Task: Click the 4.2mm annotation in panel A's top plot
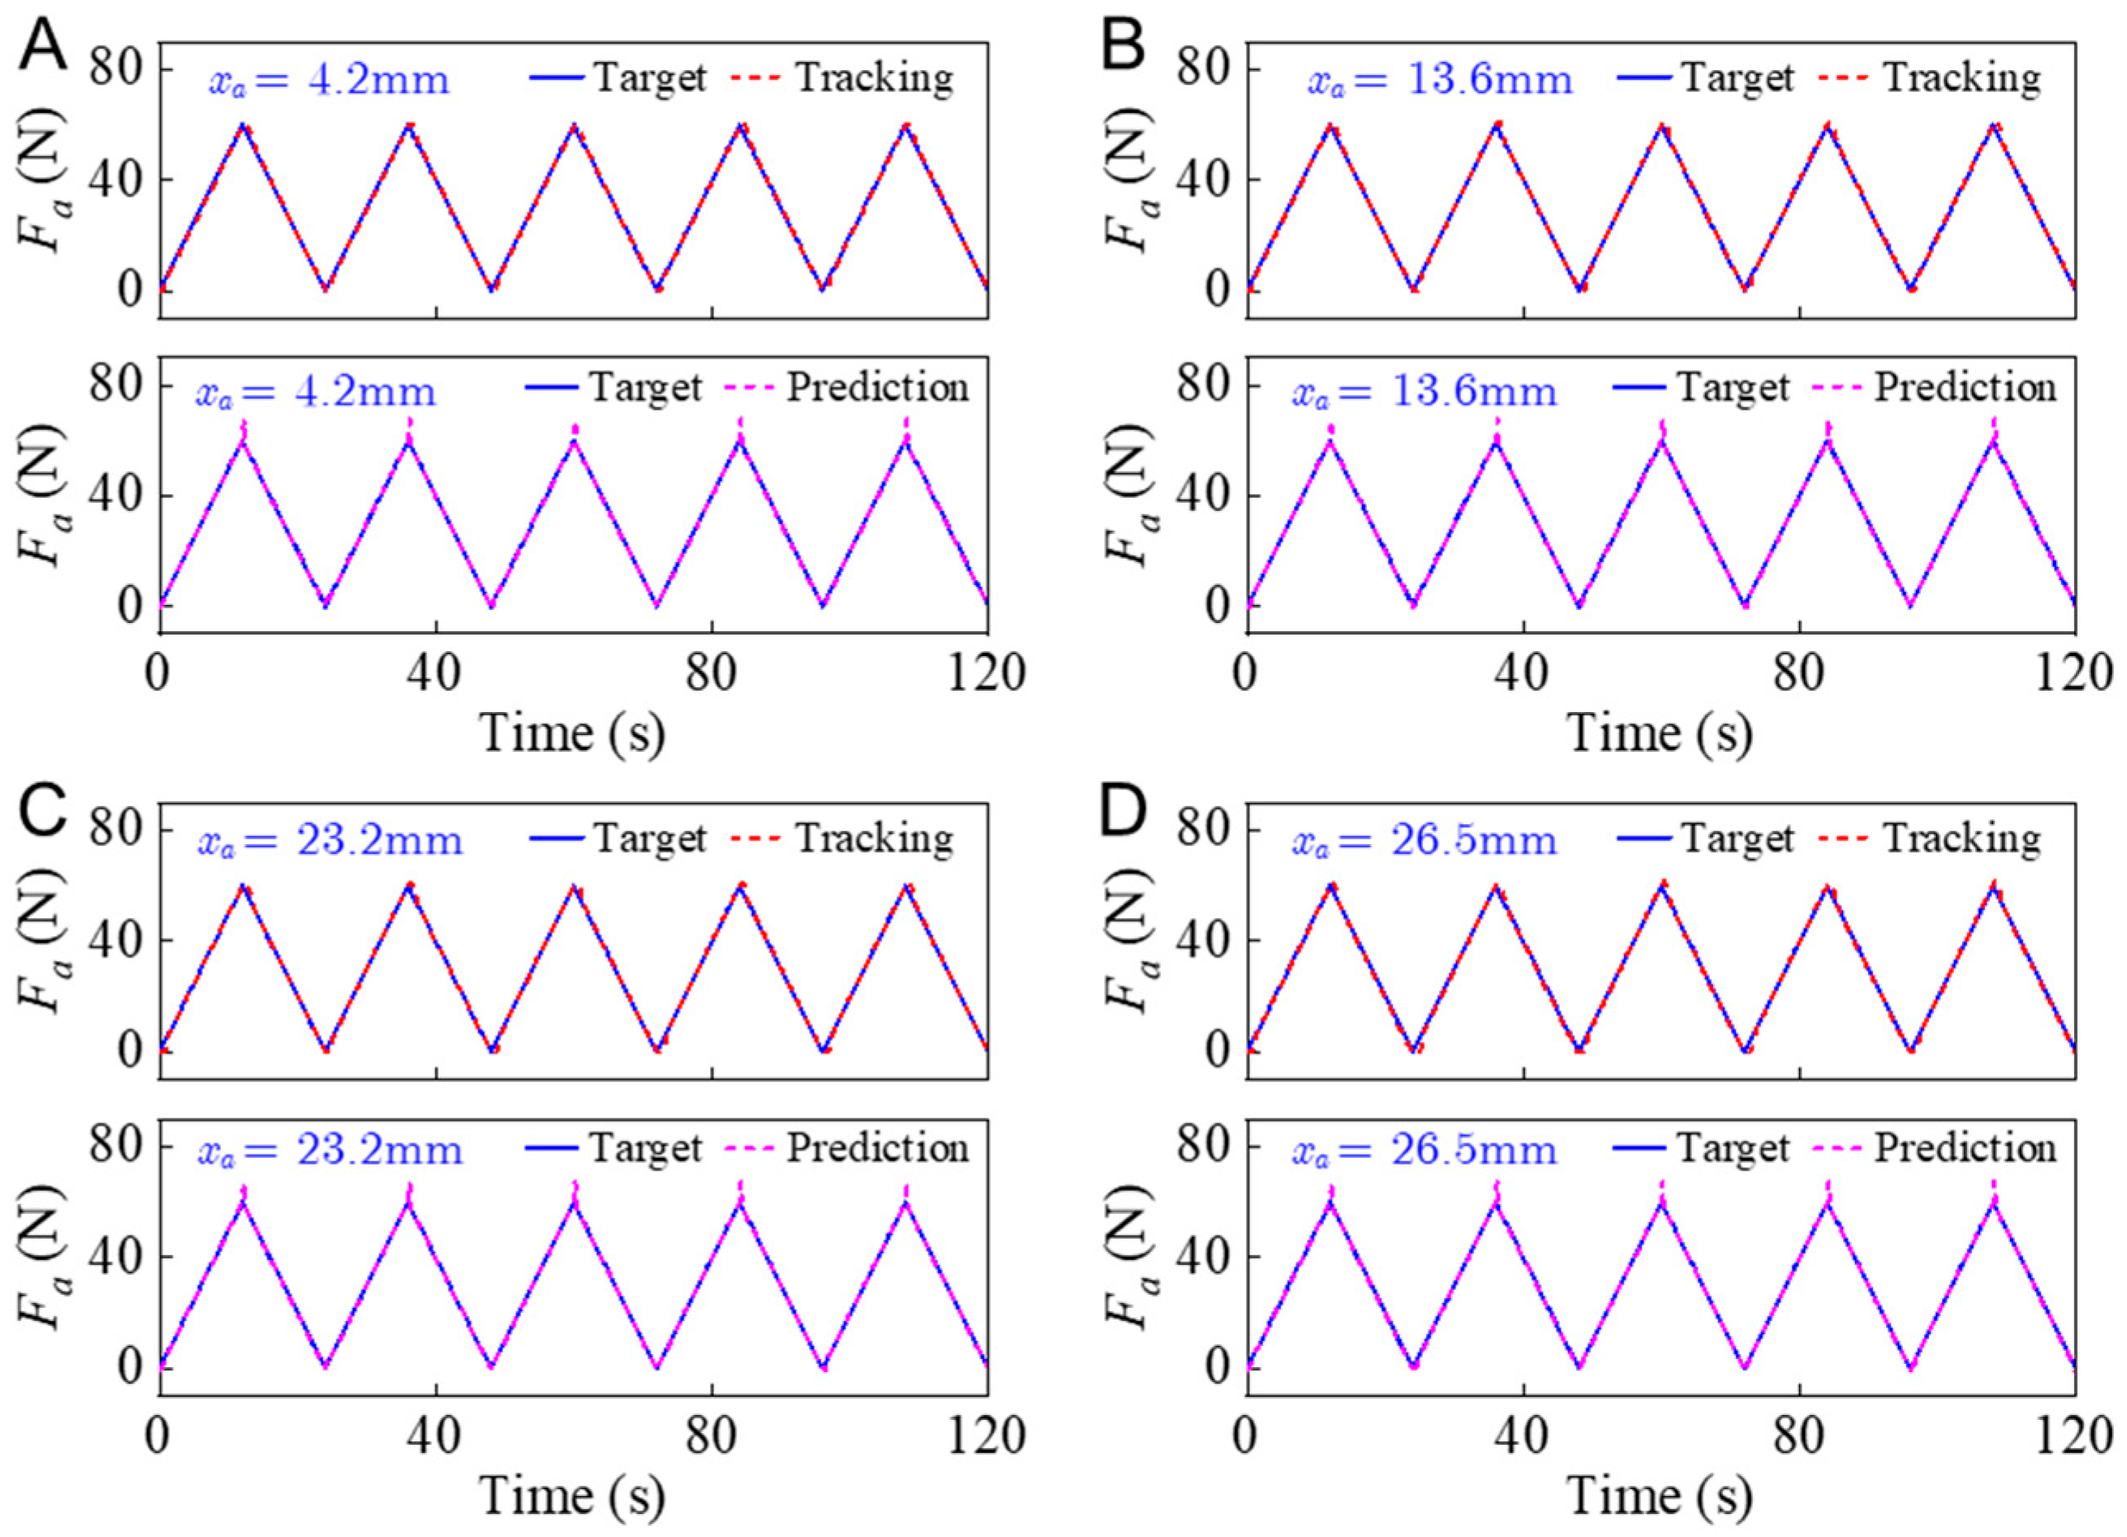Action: tap(328, 81)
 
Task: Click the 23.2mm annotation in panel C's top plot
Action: tap(330, 841)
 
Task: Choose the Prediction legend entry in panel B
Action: tap(1965, 388)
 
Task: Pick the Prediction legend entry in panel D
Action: tap(1965, 1149)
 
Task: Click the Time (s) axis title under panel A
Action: tap(573, 733)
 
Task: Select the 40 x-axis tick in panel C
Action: tap(435, 1436)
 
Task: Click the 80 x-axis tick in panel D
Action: tap(1799, 1436)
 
